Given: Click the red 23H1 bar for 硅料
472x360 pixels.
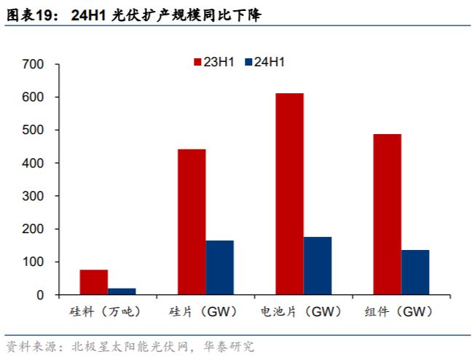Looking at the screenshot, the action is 94,282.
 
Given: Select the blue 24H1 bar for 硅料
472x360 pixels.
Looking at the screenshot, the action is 122,291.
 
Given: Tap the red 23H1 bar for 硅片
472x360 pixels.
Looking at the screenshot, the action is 192,222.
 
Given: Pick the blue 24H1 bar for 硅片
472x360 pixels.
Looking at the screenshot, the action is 220,267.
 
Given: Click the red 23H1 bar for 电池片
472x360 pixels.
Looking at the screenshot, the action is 290,194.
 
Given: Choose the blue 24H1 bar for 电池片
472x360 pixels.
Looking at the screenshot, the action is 318,266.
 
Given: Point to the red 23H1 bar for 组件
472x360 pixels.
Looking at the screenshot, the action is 388,214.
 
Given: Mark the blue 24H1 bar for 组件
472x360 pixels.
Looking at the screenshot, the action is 415,273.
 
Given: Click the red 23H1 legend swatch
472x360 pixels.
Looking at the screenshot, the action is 197,62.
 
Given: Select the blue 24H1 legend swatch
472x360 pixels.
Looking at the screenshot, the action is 248,62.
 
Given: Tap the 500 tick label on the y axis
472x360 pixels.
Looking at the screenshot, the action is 33,130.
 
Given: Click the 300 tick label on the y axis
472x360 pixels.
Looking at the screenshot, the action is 33,196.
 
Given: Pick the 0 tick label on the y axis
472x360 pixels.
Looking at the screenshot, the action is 40,295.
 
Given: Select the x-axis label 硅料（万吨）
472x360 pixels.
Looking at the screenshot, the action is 105,311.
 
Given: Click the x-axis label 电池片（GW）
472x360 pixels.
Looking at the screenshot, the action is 302,311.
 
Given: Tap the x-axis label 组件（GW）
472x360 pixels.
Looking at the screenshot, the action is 398,311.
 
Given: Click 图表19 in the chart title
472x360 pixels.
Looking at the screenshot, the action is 29,15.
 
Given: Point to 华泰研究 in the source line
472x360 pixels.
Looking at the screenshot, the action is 229,347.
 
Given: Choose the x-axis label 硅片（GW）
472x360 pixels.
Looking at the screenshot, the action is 203,311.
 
